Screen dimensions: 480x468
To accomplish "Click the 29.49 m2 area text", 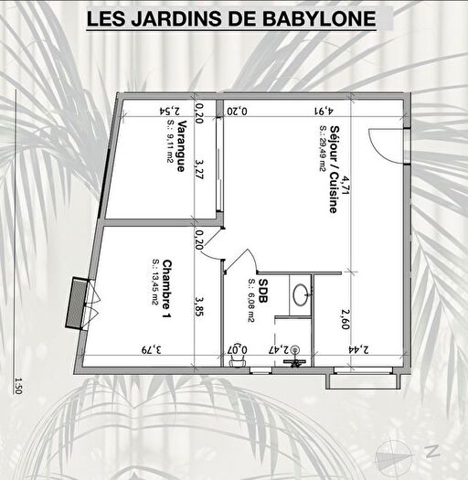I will click(322, 169).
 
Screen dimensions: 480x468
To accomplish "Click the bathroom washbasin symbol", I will click(301, 294).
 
